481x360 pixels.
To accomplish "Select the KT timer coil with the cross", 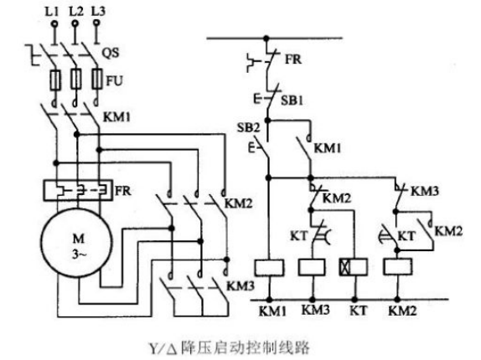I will [x=351, y=267].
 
